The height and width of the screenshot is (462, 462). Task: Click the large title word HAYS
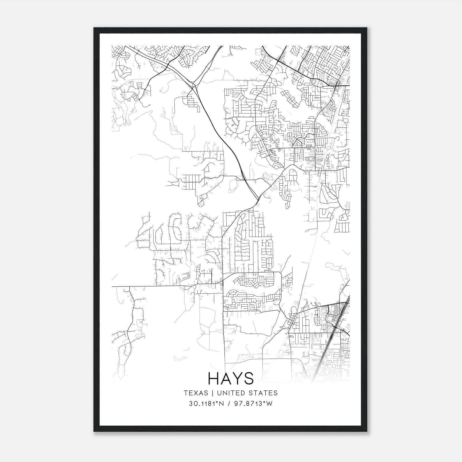click(x=231, y=379)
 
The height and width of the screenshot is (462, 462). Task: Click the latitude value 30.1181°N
click(x=206, y=404)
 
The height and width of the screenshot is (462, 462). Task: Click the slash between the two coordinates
click(x=229, y=404)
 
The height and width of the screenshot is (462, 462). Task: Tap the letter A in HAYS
click(x=226, y=379)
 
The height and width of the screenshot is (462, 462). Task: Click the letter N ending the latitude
click(x=221, y=404)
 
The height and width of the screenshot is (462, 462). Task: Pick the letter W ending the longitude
click(x=269, y=404)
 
